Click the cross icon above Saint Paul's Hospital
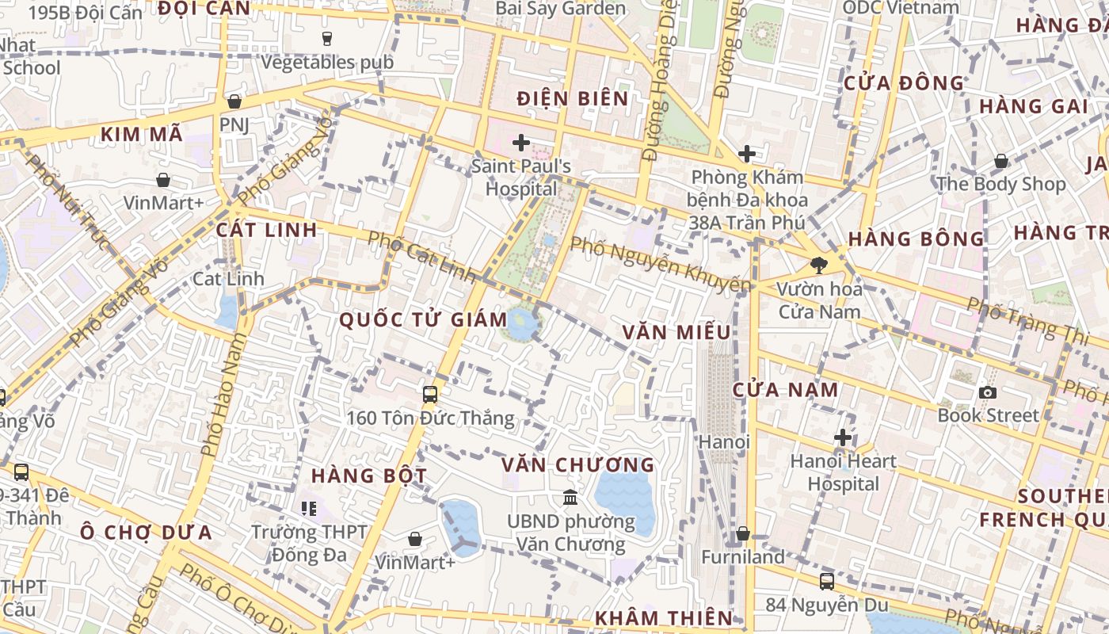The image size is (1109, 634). coord(520,143)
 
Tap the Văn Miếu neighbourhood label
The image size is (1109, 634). coord(676,332)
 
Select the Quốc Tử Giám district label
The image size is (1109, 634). coord(423,319)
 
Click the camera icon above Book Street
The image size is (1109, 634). coord(987,392)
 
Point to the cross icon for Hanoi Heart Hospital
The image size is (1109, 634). coord(843,437)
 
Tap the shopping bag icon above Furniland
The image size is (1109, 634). coord(742,534)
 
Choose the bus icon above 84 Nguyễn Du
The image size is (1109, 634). coord(826,582)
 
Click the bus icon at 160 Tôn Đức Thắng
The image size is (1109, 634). coord(429,394)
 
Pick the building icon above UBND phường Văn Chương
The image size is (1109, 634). coord(570,498)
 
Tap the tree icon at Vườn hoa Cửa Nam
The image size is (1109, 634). coord(818,265)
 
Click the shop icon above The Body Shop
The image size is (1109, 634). coord(1001,162)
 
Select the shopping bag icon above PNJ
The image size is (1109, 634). coord(234,101)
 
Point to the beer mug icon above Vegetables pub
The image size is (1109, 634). coord(326,38)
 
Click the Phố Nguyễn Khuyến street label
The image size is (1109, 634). coord(660,265)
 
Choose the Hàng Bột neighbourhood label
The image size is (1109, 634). coord(369,476)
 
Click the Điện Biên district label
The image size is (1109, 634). coord(572,99)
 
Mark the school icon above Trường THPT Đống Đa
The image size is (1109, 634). coord(308,508)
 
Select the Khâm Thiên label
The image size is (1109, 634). coord(664,618)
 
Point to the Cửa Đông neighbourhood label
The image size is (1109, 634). coord(903,83)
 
